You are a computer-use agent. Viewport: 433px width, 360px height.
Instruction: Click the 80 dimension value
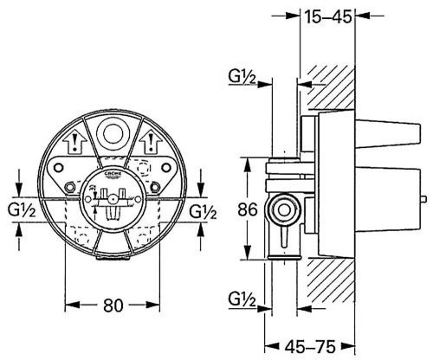coord(113,305)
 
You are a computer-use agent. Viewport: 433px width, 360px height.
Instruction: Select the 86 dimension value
coord(248,209)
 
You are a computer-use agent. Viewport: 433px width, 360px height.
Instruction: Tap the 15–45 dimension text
coord(327,16)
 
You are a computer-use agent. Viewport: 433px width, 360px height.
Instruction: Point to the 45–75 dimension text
coord(310,346)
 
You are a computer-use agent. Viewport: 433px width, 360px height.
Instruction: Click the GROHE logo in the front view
coord(113,175)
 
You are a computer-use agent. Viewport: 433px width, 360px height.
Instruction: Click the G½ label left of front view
coord(22,212)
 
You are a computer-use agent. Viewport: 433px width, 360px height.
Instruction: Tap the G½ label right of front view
coord(203,213)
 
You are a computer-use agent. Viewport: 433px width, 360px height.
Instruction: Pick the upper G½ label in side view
coord(242,77)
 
